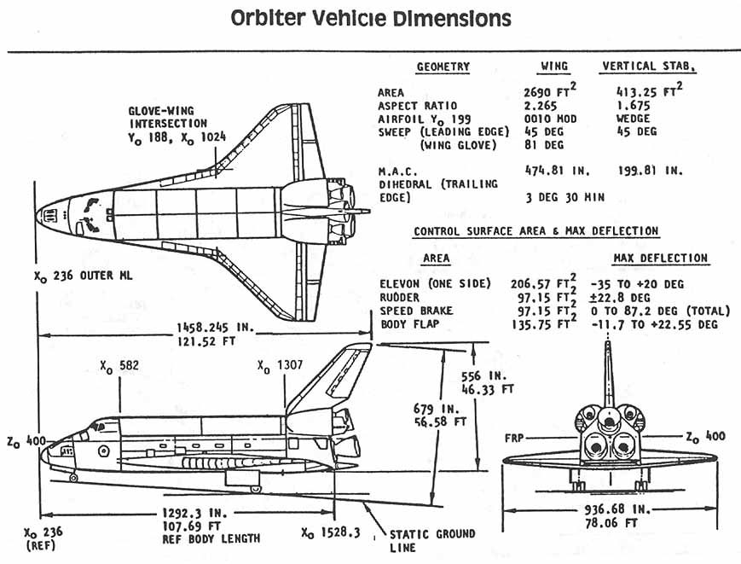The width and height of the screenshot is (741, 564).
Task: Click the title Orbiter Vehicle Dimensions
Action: pos(371,18)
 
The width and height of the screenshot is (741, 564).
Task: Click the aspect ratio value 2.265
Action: pos(541,105)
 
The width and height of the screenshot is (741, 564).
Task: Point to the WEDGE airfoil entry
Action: pos(632,119)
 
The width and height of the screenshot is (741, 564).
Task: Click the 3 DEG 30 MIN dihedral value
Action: pos(564,197)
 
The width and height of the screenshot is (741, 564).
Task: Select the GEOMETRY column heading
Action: pos(443,67)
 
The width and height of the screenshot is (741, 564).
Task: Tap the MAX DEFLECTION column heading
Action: pos(660,258)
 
